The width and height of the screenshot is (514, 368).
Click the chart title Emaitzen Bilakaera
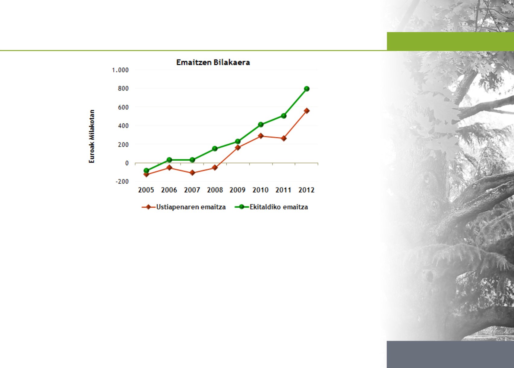click(x=213, y=62)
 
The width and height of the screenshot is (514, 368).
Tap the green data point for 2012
click(x=307, y=89)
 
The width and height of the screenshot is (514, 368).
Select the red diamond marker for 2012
click(x=307, y=111)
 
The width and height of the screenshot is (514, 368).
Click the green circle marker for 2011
click(x=284, y=116)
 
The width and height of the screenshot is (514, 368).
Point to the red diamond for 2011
click(x=284, y=138)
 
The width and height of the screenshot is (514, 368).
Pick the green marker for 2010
click(x=261, y=124)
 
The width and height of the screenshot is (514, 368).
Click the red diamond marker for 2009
click(x=238, y=148)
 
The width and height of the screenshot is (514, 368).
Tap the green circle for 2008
click(x=215, y=149)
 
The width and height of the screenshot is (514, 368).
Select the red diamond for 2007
click(x=192, y=173)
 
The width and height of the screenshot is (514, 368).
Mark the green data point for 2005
click(x=147, y=171)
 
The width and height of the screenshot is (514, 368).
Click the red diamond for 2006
click(x=169, y=168)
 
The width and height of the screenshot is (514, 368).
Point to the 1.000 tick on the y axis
click(x=120, y=70)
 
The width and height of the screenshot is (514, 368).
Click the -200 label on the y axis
click(x=122, y=181)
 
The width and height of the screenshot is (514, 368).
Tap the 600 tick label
click(x=123, y=107)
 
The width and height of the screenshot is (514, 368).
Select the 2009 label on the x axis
click(x=238, y=190)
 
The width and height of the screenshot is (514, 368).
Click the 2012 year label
click(x=306, y=190)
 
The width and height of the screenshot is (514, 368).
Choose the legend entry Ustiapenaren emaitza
click(x=184, y=207)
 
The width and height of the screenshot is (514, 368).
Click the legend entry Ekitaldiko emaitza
click(x=271, y=207)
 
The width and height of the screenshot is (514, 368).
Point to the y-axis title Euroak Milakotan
click(x=92, y=136)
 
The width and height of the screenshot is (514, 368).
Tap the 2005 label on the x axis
click(x=146, y=190)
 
